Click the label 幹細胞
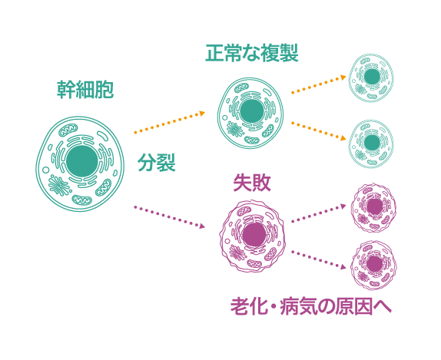point(85,90)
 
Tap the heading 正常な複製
point(252,53)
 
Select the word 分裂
point(157,162)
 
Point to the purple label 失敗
point(252,183)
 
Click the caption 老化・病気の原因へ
point(311,306)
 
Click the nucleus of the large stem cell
point(82,161)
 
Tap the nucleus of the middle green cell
point(252,111)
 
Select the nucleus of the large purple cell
point(254,235)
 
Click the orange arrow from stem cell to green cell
point(170,122)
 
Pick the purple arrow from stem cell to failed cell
point(170,217)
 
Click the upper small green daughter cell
point(371,78)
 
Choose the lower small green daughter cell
point(371,144)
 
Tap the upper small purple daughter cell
point(373,207)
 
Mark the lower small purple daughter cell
point(373,265)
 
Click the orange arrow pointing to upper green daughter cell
point(319,84)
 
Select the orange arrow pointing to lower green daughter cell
point(319,131)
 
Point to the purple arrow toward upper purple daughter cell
point(319,213)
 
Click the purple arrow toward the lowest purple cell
point(319,260)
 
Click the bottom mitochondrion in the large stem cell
point(82,200)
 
